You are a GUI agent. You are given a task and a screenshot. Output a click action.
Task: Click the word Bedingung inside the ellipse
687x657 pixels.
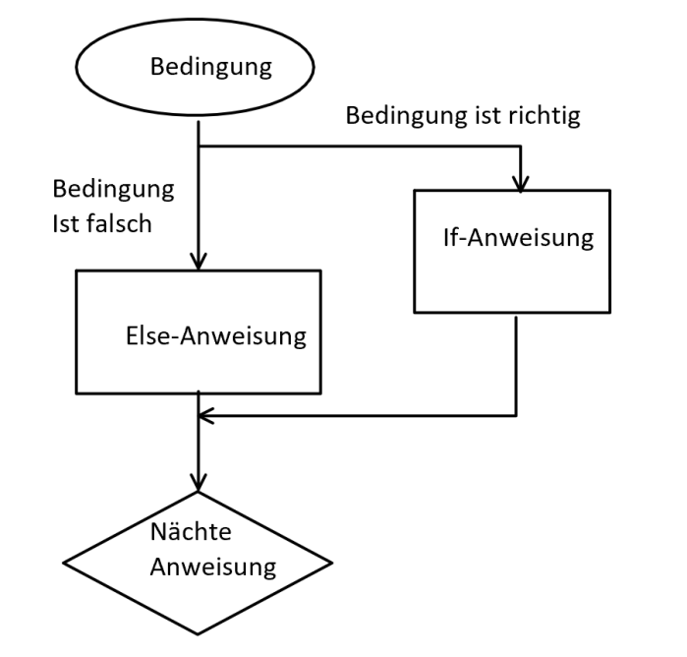[211, 68]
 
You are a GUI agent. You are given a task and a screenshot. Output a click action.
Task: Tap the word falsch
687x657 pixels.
[119, 223]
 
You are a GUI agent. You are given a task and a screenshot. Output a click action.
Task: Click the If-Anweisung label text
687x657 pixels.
[518, 238]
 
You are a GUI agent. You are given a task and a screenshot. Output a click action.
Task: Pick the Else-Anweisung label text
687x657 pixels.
[216, 336]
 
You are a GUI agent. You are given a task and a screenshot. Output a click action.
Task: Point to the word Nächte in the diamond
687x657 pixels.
[191, 531]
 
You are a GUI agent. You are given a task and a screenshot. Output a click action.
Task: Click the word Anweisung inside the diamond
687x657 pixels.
[213, 567]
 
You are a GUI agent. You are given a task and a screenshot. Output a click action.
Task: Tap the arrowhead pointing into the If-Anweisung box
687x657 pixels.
[520, 185]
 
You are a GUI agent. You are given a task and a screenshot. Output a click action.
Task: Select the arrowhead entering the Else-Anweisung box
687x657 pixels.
[199, 262]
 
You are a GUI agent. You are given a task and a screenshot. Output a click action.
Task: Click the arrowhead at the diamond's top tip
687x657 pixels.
[199, 483]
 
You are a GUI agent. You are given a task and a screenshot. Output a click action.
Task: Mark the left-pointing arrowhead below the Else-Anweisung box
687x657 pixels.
[206, 415]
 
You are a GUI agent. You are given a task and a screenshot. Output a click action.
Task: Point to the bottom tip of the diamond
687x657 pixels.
[198, 634]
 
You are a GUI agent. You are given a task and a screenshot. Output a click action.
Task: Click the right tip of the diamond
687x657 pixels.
[331, 563]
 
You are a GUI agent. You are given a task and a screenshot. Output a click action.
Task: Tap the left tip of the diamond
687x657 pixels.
[64, 563]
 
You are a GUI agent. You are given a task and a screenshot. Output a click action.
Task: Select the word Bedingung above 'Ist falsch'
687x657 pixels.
[113, 190]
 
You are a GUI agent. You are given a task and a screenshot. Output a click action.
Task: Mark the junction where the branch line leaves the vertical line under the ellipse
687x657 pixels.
[199, 146]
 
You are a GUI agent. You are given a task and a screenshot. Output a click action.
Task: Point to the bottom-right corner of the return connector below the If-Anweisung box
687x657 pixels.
[516, 415]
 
